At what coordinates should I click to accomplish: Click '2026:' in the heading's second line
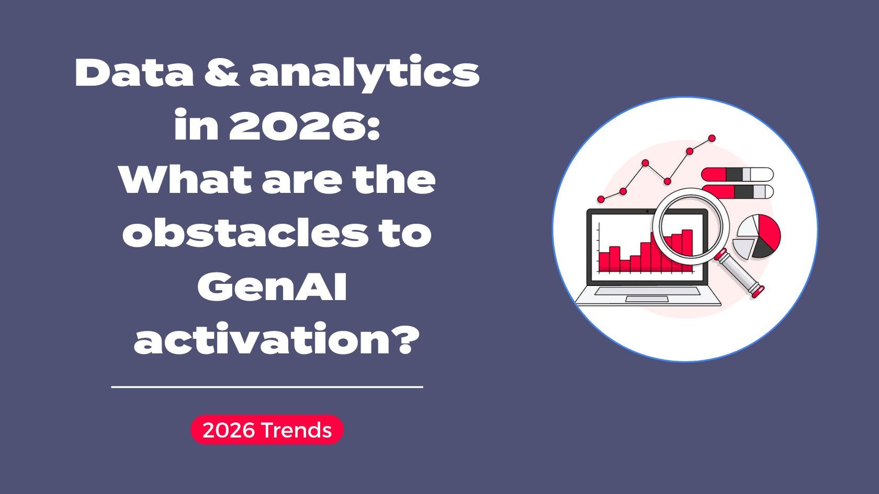[x=303, y=126]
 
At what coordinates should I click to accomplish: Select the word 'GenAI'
[x=272, y=286]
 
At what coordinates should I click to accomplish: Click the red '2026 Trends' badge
[x=267, y=430]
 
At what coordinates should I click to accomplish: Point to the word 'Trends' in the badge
[x=296, y=430]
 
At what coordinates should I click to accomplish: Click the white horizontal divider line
[x=267, y=387]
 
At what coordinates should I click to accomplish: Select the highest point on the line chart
[x=712, y=139]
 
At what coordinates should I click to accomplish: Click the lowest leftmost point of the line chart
[x=601, y=199]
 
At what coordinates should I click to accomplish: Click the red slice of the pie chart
[x=767, y=231]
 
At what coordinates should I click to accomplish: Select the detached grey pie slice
[x=741, y=247]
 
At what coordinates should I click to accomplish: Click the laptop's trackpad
[x=647, y=298]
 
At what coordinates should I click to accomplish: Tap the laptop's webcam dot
[x=647, y=211]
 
